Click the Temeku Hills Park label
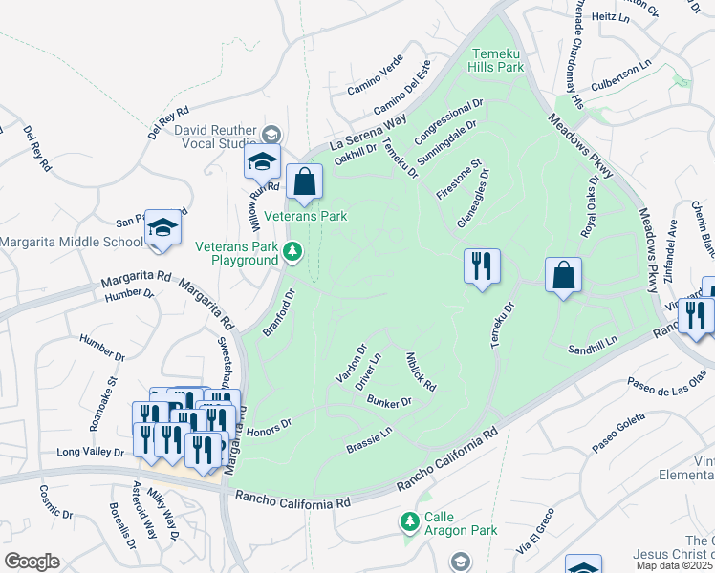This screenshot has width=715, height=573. (496, 60)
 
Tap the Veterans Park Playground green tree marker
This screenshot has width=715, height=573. (294, 253)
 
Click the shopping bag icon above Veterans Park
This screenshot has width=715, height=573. (304, 182)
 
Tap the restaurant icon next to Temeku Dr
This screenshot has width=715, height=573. (482, 265)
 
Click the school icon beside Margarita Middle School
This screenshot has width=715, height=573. (163, 228)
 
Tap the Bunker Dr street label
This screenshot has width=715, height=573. (388, 402)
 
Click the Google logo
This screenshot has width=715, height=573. (31, 562)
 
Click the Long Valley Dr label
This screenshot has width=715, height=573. (92, 452)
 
